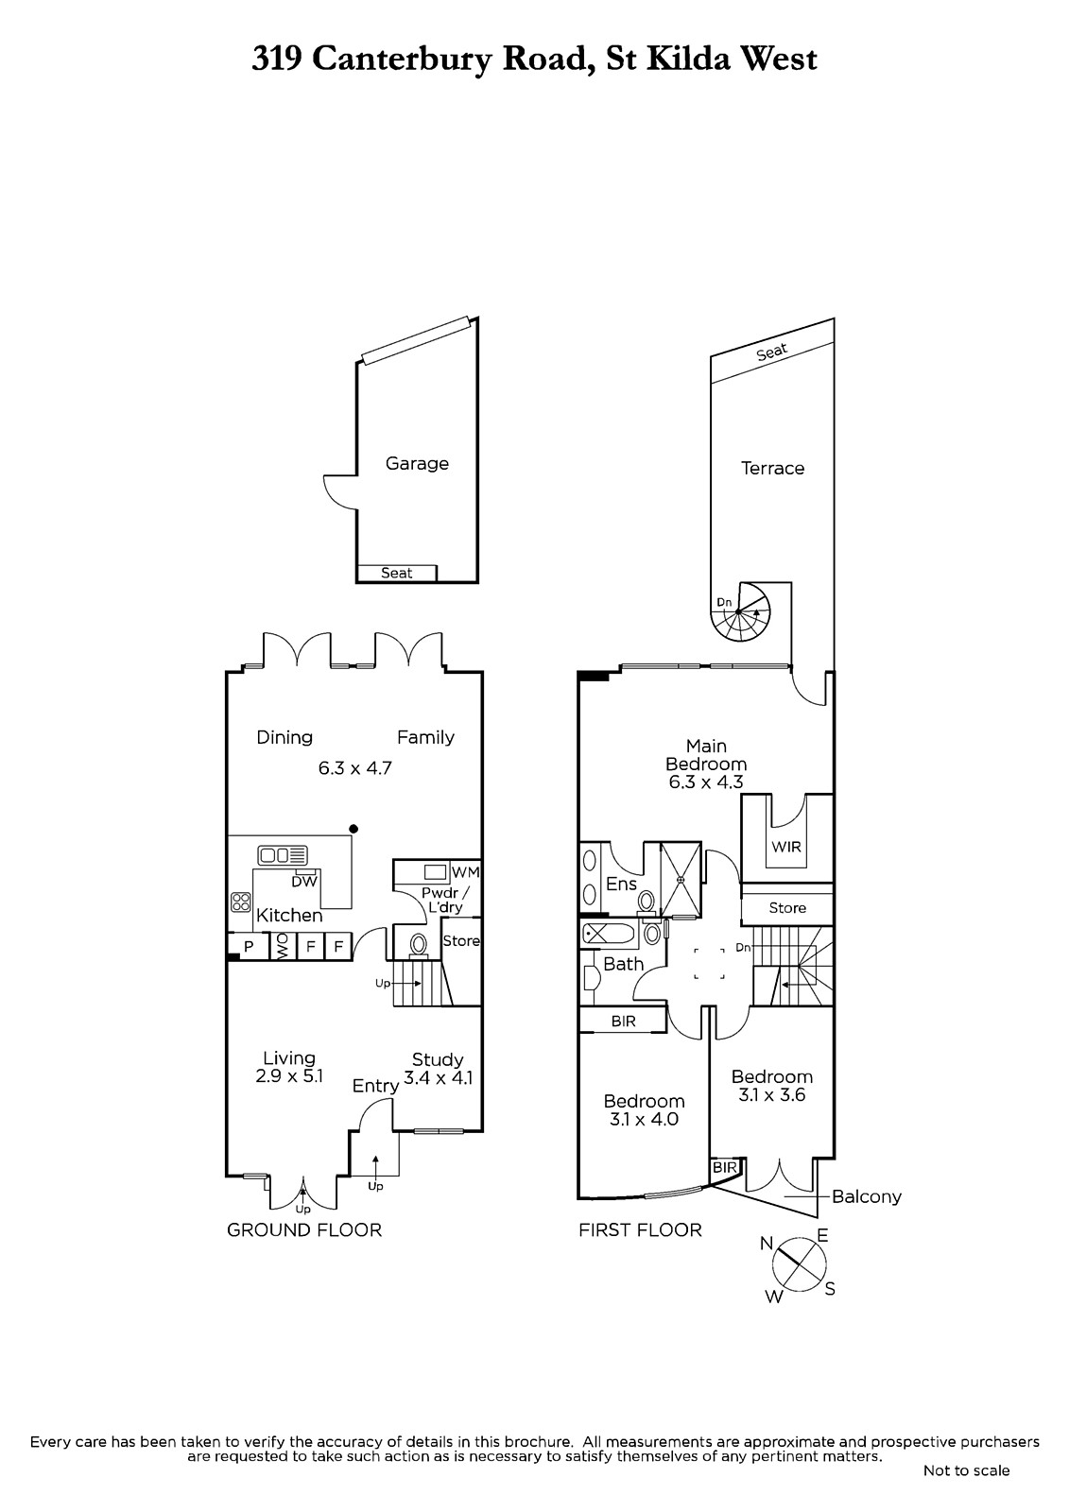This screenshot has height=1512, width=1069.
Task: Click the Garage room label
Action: point(417,464)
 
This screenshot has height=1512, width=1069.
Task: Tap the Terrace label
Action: point(772,468)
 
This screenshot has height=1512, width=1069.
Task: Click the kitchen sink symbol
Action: point(283,855)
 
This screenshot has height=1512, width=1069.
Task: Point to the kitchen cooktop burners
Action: point(241,902)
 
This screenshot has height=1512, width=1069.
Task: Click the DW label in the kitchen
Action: point(304,881)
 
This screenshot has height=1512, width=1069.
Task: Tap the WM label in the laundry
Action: point(465,871)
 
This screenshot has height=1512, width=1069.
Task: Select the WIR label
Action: point(786,847)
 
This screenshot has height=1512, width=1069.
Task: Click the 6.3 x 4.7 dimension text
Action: point(355,768)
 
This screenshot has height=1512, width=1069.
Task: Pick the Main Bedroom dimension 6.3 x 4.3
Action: point(706,782)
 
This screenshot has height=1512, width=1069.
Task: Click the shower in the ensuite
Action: point(681,880)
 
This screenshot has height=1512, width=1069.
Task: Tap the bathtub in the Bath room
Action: point(609,936)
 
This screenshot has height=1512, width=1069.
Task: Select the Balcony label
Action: point(867,1196)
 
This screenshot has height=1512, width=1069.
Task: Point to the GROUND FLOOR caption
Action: point(304,1229)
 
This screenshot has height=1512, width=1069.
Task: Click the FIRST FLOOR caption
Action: point(640,1229)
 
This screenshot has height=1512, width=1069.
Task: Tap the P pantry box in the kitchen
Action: point(248,946)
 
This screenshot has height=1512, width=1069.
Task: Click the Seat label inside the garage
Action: point(396,573)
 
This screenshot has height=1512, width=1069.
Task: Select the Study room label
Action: point(438,1059)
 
